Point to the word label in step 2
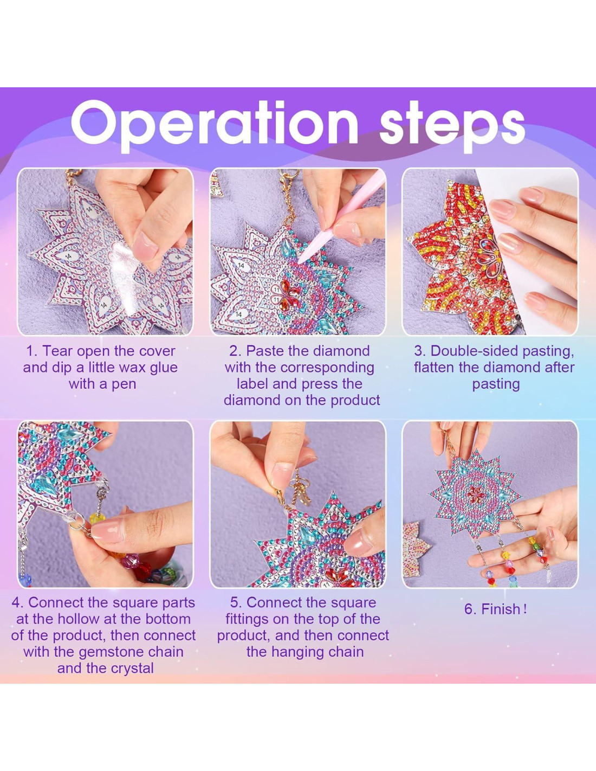pos(252,384)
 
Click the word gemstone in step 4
pos(112,652)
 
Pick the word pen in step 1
pos(125,384)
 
